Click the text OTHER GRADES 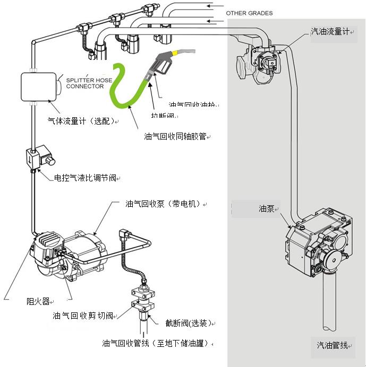point(249,13)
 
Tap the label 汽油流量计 point(329,32)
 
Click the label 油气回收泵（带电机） point(164,204)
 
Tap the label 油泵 point(266,208)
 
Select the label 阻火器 point(38,301)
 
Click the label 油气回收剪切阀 point(82,316)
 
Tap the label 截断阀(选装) point(188,323)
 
